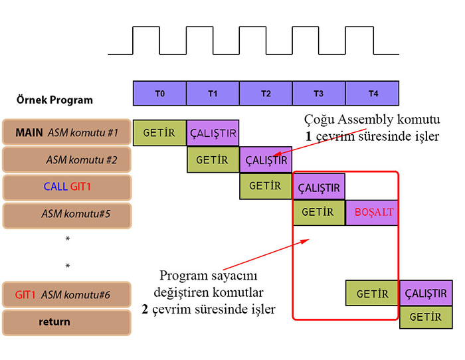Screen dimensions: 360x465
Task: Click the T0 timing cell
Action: pos(159,94)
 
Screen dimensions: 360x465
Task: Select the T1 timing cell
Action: pos(213,94)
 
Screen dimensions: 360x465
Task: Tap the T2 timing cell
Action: pos(266,94)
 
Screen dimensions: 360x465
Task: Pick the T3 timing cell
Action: pos(319,94)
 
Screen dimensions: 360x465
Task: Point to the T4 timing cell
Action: pos(372,94)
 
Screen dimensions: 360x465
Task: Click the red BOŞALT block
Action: pos(372,213)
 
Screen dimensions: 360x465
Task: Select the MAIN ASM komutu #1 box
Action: pos(66,133)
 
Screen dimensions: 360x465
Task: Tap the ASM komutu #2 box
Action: pos(66,160)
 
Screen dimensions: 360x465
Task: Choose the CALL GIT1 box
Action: pos(66,187)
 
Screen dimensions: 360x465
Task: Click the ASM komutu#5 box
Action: pos(66,214)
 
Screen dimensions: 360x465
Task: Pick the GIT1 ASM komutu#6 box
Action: pos(66,294)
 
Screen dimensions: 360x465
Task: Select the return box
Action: pos(66,322)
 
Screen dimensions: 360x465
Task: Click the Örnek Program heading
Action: pos(54,100)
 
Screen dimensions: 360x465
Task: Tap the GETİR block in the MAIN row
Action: pos(159,133)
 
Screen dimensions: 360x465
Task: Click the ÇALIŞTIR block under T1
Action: pos(213,133)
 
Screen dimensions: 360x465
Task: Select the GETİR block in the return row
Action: pos(426,317)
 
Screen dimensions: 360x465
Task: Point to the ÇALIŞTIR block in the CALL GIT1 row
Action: pos(319,187)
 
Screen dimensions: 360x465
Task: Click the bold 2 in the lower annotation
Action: pos(144,309)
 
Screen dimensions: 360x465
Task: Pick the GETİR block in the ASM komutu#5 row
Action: pos(319,213)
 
